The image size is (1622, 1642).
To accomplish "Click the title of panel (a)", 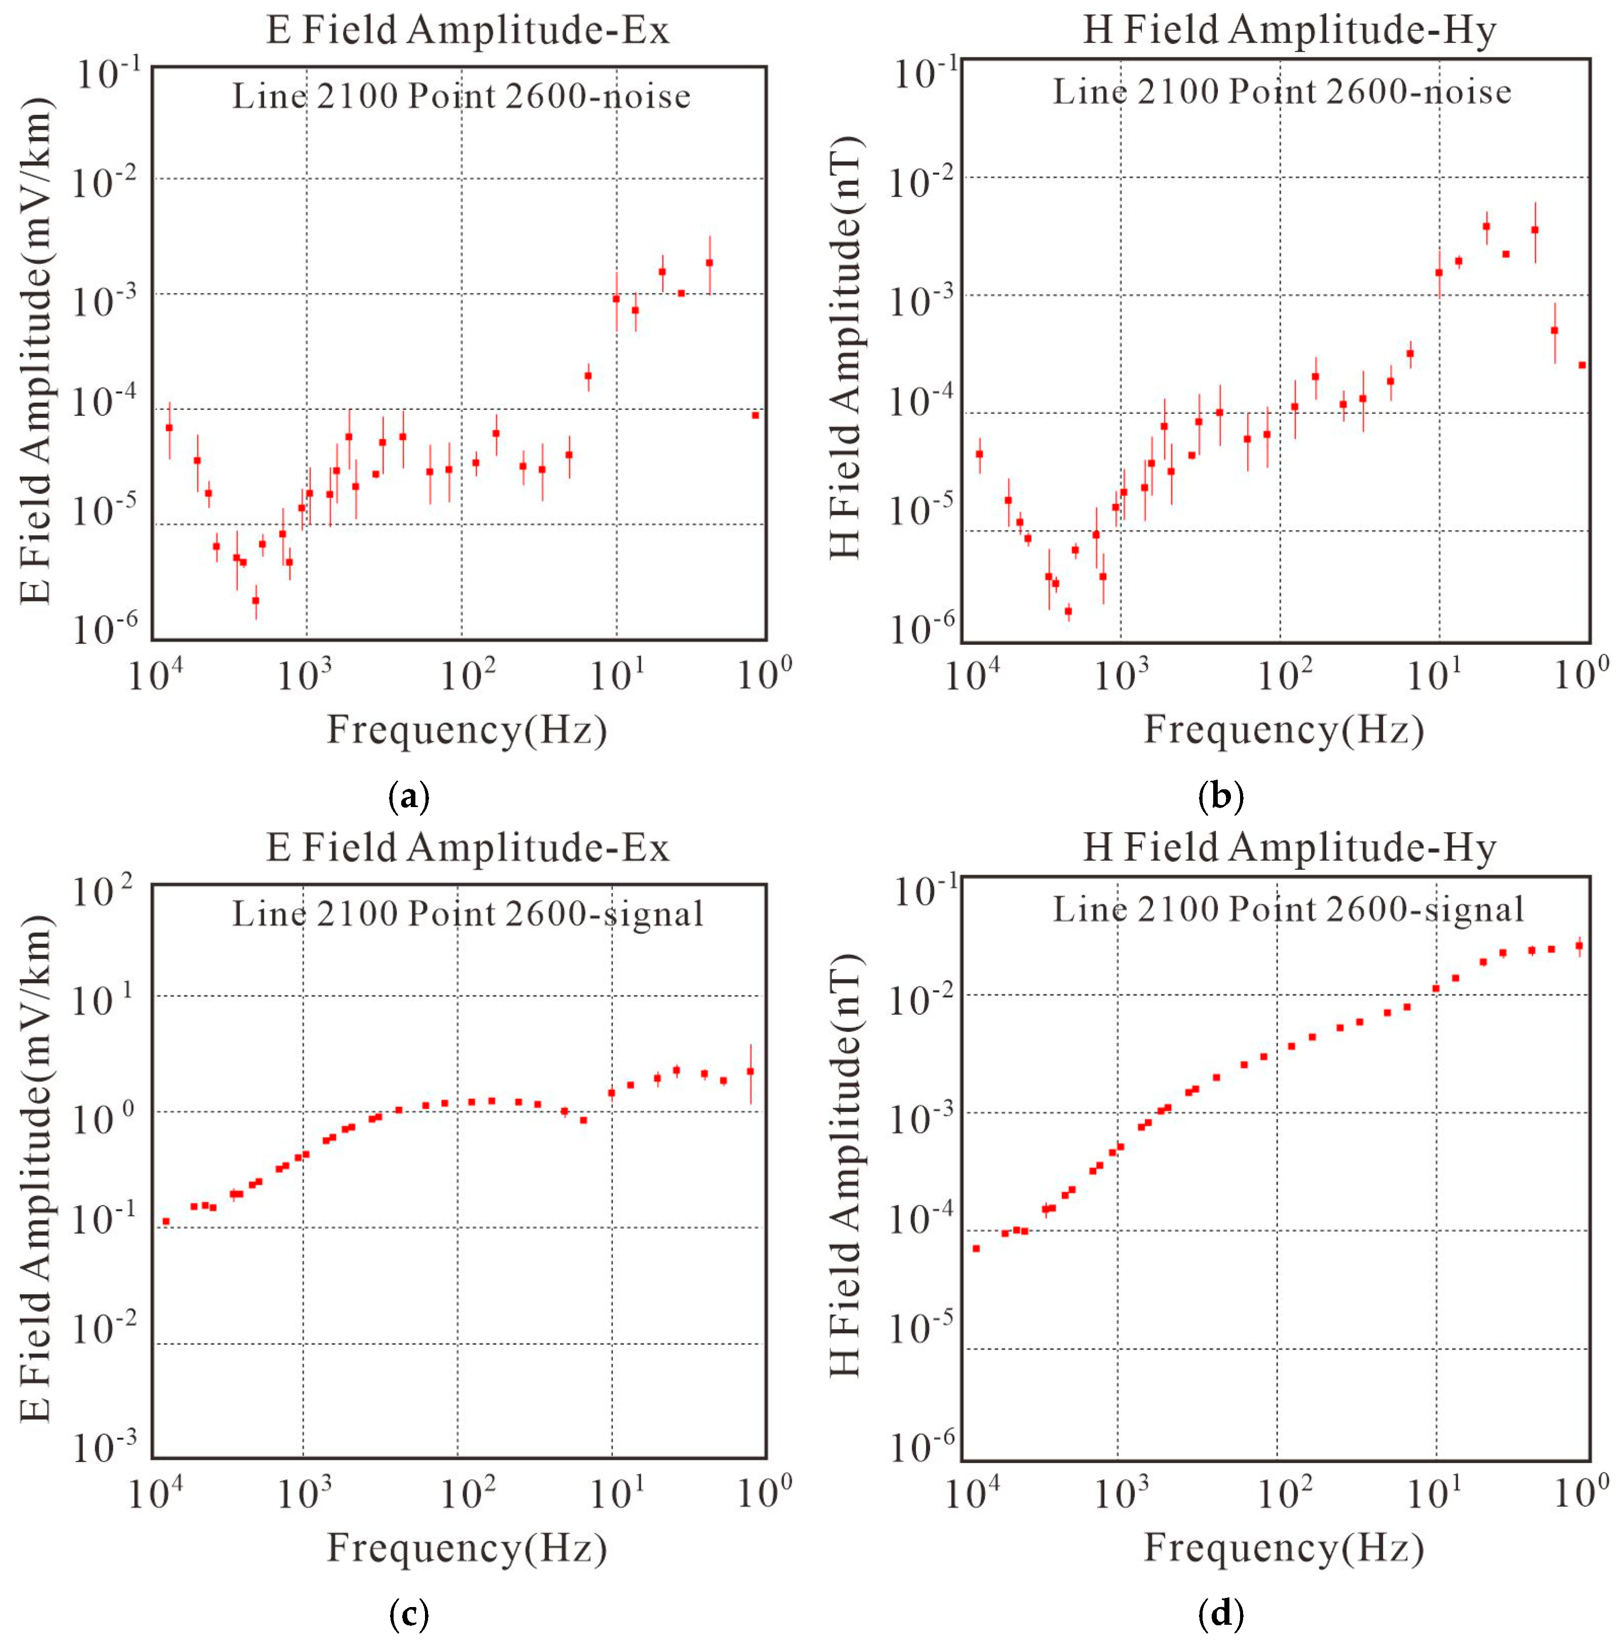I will (468, 30).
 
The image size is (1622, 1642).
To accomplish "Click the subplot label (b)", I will (1220, 796).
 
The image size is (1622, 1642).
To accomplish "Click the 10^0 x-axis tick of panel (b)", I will (1581, 676).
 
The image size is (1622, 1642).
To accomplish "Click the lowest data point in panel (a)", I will (256, 601).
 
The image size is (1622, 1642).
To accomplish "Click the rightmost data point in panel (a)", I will (755, 415).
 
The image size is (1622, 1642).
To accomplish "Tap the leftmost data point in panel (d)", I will (976, 1248).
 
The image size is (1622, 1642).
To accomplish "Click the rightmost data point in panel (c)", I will (750, 1072).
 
